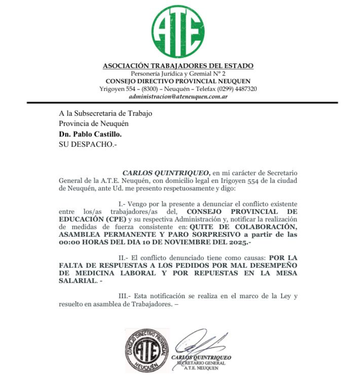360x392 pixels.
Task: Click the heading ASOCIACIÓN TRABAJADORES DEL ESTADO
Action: (x=178, y=66)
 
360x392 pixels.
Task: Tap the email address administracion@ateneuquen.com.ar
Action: (x=178, y=97)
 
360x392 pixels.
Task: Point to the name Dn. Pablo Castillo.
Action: (x=90, y=134)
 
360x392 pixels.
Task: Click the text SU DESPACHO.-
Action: (x=88, y=145)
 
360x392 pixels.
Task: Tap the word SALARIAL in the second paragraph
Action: (x=77, y=281)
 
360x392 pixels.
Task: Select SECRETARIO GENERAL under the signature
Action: (x=201, y=363)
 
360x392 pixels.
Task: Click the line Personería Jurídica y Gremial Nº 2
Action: (x=178, y=73)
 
